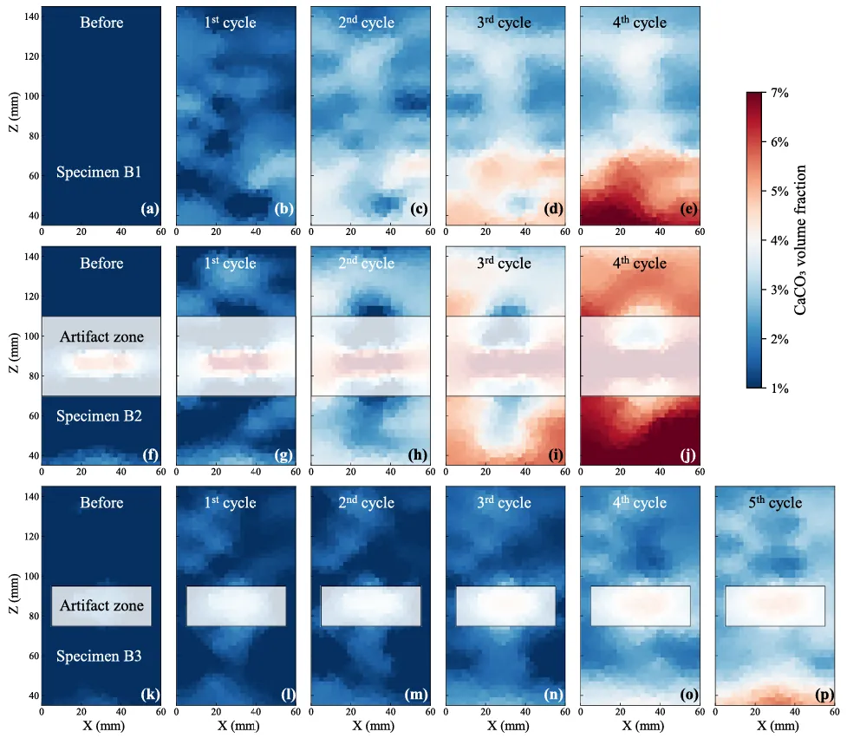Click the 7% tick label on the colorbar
(x=779, y=92)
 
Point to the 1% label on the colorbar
(x=779, y=389)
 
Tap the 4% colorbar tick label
(x=779, y=240)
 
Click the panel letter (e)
(x=687, y=209)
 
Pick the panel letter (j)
(x=687, y=449)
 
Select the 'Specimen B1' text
(x=99, y=172)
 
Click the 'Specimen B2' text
(x=99, y=416)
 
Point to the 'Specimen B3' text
(x=99, y=656)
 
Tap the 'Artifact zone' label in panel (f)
(x=101, y=336)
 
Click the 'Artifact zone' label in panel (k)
(x=101, y=605)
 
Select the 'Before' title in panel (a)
(x=101, y=23)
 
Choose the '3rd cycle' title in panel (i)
(x=505, y=264)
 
